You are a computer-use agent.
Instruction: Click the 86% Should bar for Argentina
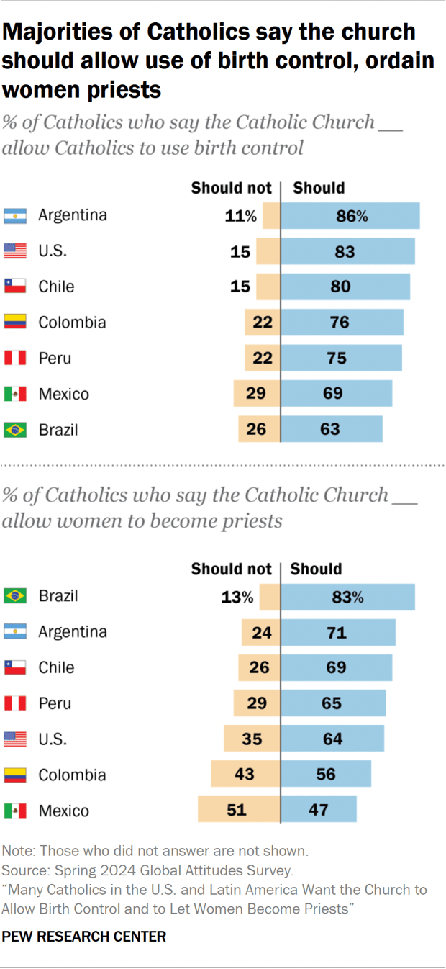click(x=350, y=215)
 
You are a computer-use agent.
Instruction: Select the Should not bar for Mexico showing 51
click(x=239, y=810)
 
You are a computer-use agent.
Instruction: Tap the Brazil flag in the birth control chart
click(x=15, y=430)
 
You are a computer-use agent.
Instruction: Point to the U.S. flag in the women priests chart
click(x=15, y=739)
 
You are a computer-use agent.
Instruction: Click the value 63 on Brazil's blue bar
click(x=330, y=430)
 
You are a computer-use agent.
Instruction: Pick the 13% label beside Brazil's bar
click(x=237, y=597)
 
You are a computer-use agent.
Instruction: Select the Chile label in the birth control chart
click(x=56, y=287)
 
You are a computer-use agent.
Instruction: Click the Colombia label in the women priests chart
click(x=72, y=775)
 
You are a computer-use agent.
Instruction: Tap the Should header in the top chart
click(x=319, y=188)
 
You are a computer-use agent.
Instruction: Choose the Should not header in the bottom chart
click(x=231, y=569)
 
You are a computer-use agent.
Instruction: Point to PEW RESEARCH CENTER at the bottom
click(x=84, y=936)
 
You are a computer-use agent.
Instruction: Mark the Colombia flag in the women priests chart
click(x=15, y=775)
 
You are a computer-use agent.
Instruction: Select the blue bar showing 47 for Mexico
click(x=319, y=810)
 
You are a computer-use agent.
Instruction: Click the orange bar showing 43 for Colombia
click(x=245, y=775)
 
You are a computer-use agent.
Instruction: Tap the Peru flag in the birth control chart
click(x=15, y=358)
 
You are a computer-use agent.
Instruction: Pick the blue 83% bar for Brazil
click(x=348, y=597)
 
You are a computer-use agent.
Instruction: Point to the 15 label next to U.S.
click(x=240, y=251)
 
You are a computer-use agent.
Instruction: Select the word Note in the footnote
click(x=17, y=851)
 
